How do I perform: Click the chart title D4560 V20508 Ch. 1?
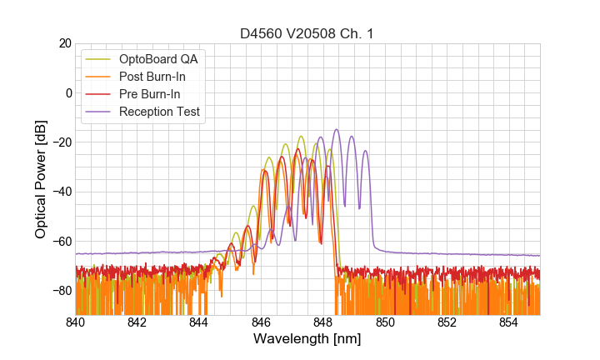tap(307, 33)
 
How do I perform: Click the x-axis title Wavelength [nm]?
tap(307, 340)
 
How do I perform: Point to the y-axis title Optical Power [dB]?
tap(41, 179)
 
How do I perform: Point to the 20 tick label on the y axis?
tap(64, 43)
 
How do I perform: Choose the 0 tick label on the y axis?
tap(67, 92)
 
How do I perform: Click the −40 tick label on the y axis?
tap(59, 192)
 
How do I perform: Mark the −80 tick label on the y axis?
tap(59, 291)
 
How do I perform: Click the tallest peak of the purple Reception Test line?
tap(337, 130)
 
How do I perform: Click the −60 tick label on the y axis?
tap(59, 242)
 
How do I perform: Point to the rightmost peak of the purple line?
tap(365, 152)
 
